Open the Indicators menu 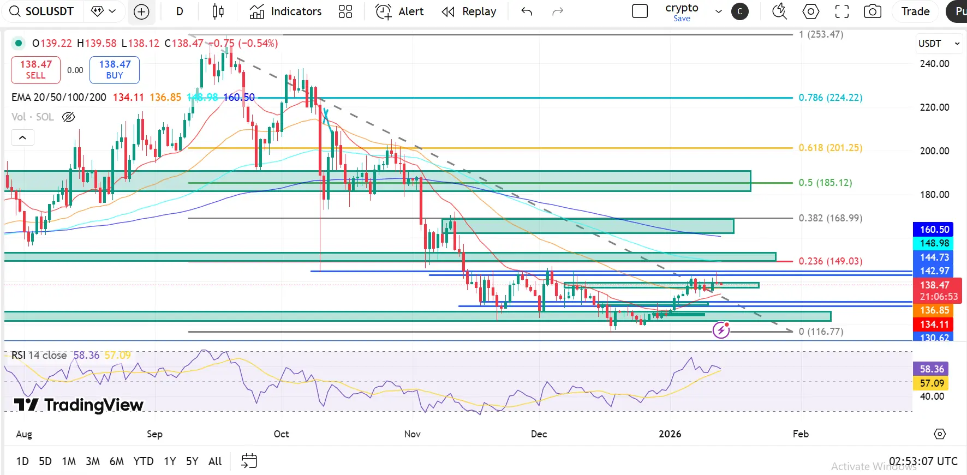pos(285,11)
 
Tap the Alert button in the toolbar pos(399,11)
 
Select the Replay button pos(469,11)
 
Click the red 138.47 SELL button pos(36,70)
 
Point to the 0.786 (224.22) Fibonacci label pos(830,98)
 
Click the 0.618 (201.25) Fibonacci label pos(830,148)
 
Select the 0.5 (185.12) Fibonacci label pos(825,183)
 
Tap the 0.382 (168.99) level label pos(830,218)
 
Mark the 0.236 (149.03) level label pos(830,261)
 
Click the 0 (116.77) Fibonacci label pos(821,332)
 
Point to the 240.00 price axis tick pos(934,64)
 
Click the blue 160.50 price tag pos(934,230)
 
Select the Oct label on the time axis pos(281,434)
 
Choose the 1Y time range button pos(170,461)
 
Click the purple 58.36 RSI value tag pos(931,369)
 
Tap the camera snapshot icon pos(872,11)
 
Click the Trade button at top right pos(915,11)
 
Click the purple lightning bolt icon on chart pos(721,330)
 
